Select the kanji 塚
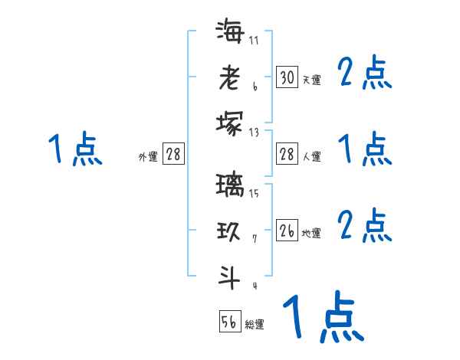[230, 122]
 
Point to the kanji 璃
[230, 186]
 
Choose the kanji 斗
[230, 277]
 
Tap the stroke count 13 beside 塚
[254, 132]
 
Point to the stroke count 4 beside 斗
[254, 286]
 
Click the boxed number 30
[287, 77]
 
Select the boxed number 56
[230, 322]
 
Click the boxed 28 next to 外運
[173, 155]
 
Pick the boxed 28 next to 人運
[287, 155]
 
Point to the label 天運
[311, 80]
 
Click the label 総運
[255, 325]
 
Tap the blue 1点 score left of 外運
[74, 149]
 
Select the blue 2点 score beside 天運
[365, 74]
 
